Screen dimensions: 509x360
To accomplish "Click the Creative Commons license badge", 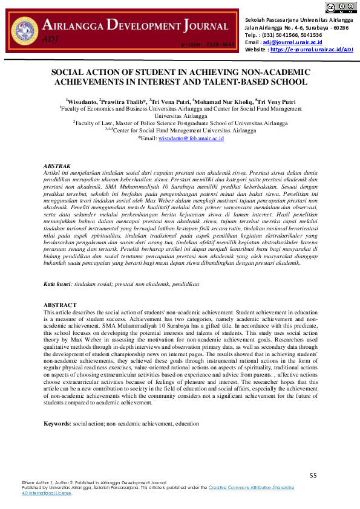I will point(341,7).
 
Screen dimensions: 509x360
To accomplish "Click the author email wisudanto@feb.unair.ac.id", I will point(191,138).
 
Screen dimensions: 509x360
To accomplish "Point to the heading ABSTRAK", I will point(57,165).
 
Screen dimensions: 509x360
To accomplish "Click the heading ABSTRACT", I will point(61,305).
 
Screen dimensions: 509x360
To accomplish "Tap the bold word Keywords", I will point(57,424).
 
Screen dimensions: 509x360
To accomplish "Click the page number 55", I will point(313,476).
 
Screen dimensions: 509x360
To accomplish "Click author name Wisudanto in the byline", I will point(82,102).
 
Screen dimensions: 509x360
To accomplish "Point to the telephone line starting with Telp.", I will point(283,35).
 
